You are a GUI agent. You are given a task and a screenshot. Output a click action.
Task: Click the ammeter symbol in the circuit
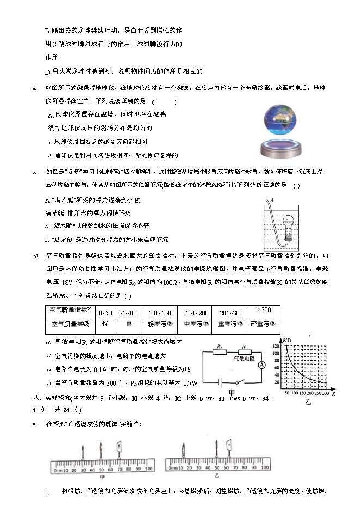point(261,365)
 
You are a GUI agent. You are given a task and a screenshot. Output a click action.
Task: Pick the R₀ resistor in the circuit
point(219,352)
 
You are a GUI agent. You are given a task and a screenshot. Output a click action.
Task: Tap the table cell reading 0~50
point(106,313)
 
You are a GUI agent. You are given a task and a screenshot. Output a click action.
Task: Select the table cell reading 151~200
point(197,313)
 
